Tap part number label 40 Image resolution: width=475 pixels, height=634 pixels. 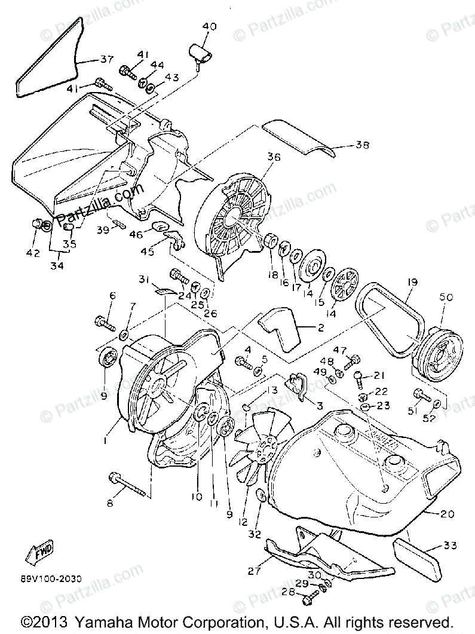tap(210, 26)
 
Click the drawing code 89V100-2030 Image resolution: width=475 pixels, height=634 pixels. tap(51, 579)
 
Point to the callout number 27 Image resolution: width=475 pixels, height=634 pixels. tap(254, 571)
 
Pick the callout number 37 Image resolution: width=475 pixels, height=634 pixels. tap(106, 59)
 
